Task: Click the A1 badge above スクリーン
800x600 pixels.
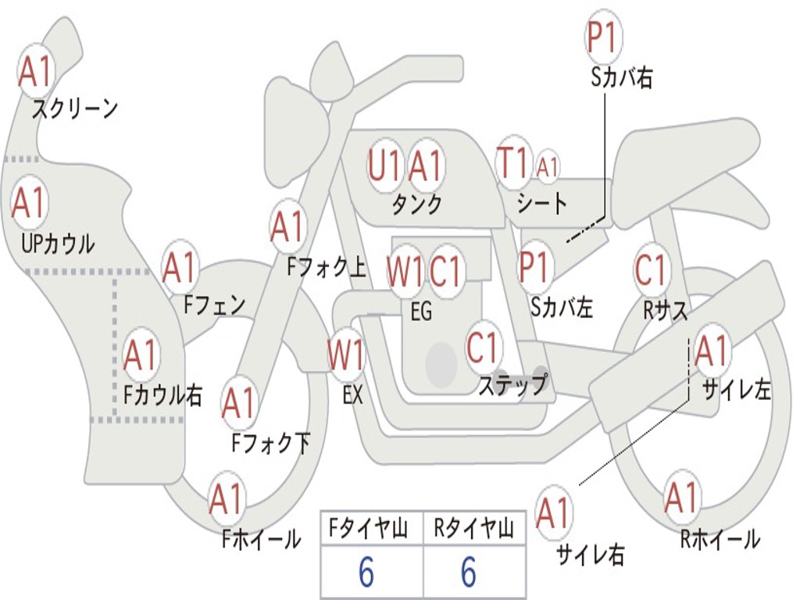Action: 35,72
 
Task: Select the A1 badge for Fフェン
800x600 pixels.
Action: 180,268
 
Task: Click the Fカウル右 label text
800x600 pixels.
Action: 163,395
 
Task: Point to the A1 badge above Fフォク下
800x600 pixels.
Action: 238,403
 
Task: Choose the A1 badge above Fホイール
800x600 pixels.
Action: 227,498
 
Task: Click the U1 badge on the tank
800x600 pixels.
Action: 385,166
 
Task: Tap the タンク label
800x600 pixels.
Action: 416,205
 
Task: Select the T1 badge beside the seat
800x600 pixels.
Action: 513,163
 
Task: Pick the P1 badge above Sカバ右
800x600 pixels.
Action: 602,37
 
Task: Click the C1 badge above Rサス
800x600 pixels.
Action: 651,270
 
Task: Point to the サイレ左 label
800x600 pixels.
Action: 736,388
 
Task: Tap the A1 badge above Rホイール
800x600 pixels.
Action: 681,496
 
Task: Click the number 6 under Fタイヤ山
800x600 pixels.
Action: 366,573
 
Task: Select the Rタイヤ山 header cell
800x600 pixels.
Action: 473,530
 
